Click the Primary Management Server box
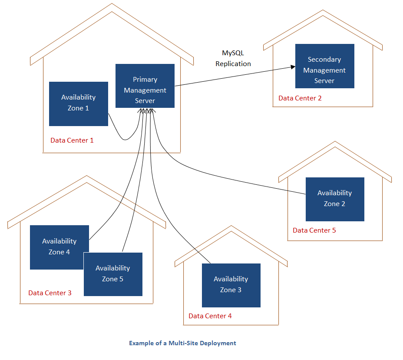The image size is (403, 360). [x=145, y=86]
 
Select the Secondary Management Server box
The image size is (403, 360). [x=324, y=66]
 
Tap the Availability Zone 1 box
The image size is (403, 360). [x=78, y=103]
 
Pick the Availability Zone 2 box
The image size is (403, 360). [x=334, y=199]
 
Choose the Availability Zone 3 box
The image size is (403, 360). [x=231, y=285]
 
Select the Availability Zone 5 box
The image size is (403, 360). [x=113, y=274]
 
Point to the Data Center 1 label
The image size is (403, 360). [x=72, y=140]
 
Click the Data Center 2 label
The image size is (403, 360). [x=300, y=98]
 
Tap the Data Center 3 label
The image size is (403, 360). [x=50, y=293]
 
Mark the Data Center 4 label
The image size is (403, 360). [x=210, y=316]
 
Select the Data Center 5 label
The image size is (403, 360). [x=314, y=230]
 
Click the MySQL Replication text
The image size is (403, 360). [x=233, y=58]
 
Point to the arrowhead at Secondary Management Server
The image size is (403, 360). [x=292, y=67]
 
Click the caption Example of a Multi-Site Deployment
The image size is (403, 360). [x=182, y=343]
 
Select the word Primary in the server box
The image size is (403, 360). [x=145, y=80]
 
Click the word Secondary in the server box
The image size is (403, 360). [x=324, y=60]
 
